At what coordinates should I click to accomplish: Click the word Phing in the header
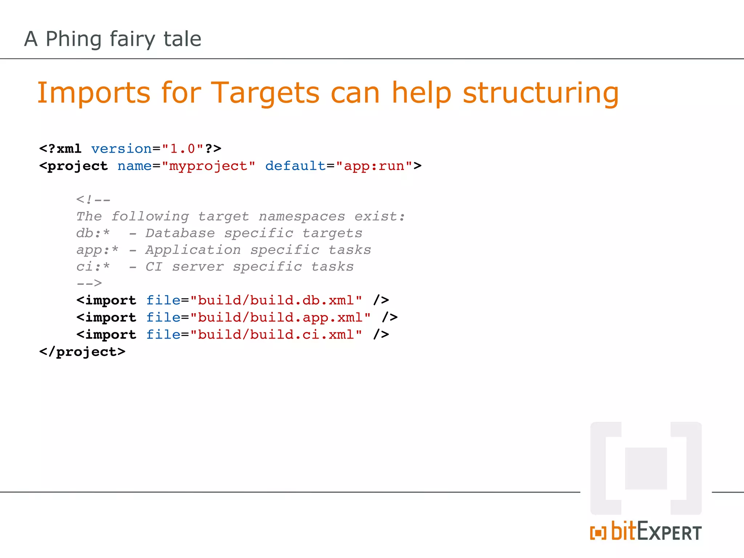click(x=73, y=39)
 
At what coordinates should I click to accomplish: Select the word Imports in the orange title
click(x=94, y=93)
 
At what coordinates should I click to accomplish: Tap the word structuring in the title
click(x=541, y=93)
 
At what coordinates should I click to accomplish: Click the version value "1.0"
click(x=183, y=149)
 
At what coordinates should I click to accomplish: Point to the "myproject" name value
click(x=209, y=166)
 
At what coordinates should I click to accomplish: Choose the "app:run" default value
click(x=374, y=166)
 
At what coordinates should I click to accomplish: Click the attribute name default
click(x=295, y=166)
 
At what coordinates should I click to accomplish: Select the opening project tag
click(x=74, y=166)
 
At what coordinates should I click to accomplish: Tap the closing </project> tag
click(x=82, y=352)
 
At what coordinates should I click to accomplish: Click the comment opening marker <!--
click(x=93, y=199)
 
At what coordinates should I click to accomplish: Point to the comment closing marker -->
click(x=89, y=283)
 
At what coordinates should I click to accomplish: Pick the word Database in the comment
click(x=180, y=233)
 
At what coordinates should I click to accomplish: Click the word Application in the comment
click(x=193, y=250)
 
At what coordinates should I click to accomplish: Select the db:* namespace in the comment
click(x=93, y=233)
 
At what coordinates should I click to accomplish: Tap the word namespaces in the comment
click(x=302, y=217)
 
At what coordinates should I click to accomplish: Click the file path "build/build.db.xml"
click(x=276, y=300)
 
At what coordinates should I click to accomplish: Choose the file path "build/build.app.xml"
click(x=280, y=318)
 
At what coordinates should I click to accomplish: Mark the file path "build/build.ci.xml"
click(x=276, y=335)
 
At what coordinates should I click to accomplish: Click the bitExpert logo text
click(x=646, y=532)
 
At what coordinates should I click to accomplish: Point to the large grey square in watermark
click(x=646, y=469)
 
